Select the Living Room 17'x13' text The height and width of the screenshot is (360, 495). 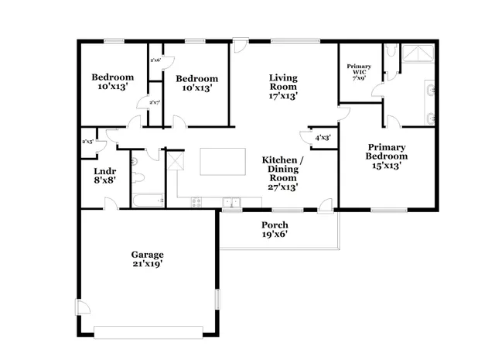(x=284, y=86)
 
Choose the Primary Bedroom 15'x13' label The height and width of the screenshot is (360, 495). (x=387, y=156)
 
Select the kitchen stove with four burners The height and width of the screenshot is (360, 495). (x=196, y=203)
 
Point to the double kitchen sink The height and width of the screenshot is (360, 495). (x=230, y=203)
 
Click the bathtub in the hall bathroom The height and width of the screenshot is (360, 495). (x=148, y=201)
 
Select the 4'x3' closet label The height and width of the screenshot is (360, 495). (x=323, y=138)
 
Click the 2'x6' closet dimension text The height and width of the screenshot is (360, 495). (x=155, y=60)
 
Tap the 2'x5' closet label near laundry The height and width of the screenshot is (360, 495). (x=88, y=142)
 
